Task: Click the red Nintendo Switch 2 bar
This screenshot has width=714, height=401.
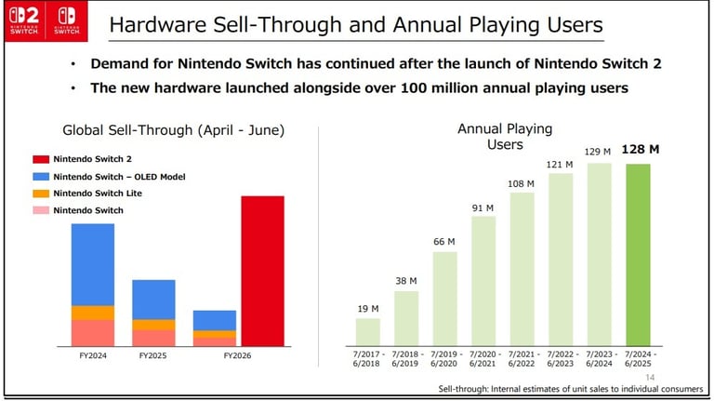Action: click(262, 271)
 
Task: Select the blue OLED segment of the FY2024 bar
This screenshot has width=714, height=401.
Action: click(93, 264)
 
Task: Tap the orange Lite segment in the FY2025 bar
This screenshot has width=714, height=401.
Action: click(153, 325)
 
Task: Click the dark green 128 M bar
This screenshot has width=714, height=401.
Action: click(639, 254)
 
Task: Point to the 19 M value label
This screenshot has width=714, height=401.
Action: click(368, 308)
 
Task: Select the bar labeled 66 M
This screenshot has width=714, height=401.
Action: click(445, 298)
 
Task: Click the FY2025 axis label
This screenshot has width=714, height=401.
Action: click(153, 355)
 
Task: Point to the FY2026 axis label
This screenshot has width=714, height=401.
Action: click(236, 355)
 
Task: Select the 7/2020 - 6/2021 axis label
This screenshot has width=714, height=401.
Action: click(483, 359)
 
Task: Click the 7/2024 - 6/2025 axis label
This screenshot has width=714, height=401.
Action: click(638, 359)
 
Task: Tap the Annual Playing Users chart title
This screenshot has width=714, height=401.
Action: click(505, 136)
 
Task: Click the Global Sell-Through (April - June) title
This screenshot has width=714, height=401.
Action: click(173, 129)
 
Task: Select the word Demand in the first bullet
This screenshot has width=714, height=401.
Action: click(123, 65)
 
